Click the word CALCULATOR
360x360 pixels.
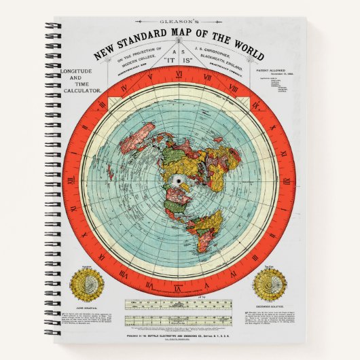(81, 91)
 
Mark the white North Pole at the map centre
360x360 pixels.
(179, 180)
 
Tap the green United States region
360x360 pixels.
(182, 204)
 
